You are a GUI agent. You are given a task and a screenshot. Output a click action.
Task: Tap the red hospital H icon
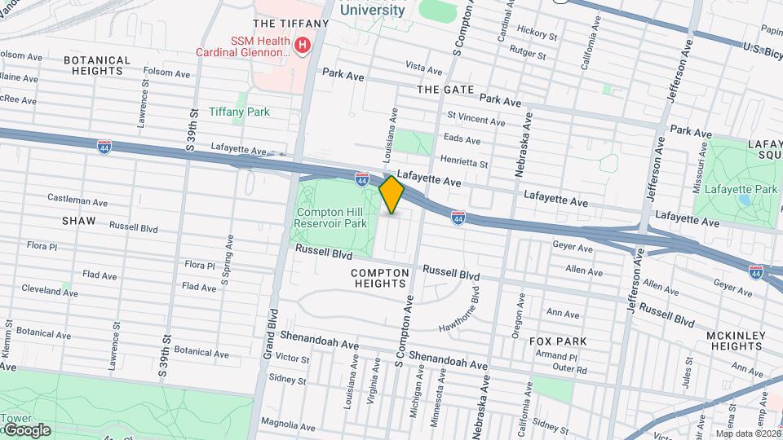coord(303,45)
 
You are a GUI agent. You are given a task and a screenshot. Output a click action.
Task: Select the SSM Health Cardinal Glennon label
coord(242,46)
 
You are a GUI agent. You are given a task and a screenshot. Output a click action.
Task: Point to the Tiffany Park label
coord(239,112)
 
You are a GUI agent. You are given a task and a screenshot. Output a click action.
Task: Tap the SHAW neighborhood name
coord(78,221)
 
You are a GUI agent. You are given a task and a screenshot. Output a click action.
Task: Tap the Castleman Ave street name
coord(77,200)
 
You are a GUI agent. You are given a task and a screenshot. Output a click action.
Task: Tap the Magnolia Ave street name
coord(286,421)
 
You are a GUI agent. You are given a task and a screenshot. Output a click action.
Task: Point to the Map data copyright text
coord(748,433)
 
